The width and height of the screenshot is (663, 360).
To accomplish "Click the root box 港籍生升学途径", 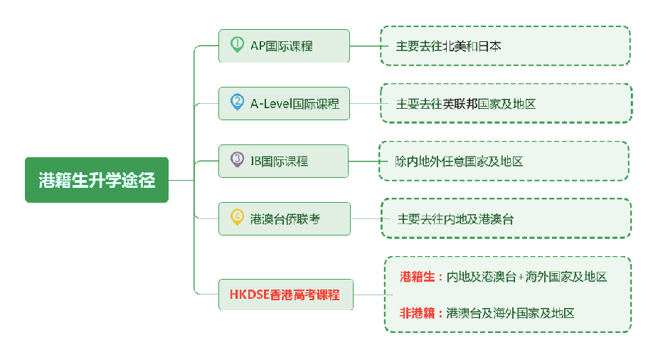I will pyautogui.click(x=97, y=180).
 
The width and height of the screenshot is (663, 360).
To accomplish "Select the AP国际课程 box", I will pyautogui.click(x=285, y=46).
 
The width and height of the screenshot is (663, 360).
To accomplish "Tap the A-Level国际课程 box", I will pyautogui.click(x=285, y=103).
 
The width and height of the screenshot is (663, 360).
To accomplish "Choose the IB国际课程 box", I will pyautogui.click(x=285, y=161).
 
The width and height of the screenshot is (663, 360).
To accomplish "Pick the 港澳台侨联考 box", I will pyautogui.click(x=285, y=218).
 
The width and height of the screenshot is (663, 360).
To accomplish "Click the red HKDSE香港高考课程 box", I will pyautogui.click(x=285, y=295).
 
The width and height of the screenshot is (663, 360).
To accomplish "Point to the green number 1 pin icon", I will pyautogui.click(x=237, y=44).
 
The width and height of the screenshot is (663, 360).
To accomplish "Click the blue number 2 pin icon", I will pyautogui.click(x=237, y=102).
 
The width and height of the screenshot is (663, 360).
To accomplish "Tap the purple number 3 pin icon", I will pyautogui.click(x=237, y=159).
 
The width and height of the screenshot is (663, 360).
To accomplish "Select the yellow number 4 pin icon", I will pyautogui.click(x=237, y=217).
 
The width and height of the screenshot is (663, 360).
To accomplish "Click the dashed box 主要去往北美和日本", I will pyautogui.click(x=505, y=46).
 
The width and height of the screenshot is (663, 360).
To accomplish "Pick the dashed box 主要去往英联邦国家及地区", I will pyautogui.click(x=505, y=103).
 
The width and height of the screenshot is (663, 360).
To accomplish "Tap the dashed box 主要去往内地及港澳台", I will pyautogui.click(x=505, y=218).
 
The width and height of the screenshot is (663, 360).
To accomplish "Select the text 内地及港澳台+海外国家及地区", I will pyautogui.click(x=526, y=277).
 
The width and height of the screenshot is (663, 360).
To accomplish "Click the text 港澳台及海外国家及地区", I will pyautogui.click(x=510, y=312).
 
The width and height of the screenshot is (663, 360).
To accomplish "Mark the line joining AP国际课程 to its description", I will pyautogui.click(x=364, y=46).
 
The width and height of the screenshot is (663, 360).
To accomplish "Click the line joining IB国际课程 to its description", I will pyautogui.click(x=363, y=161).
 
